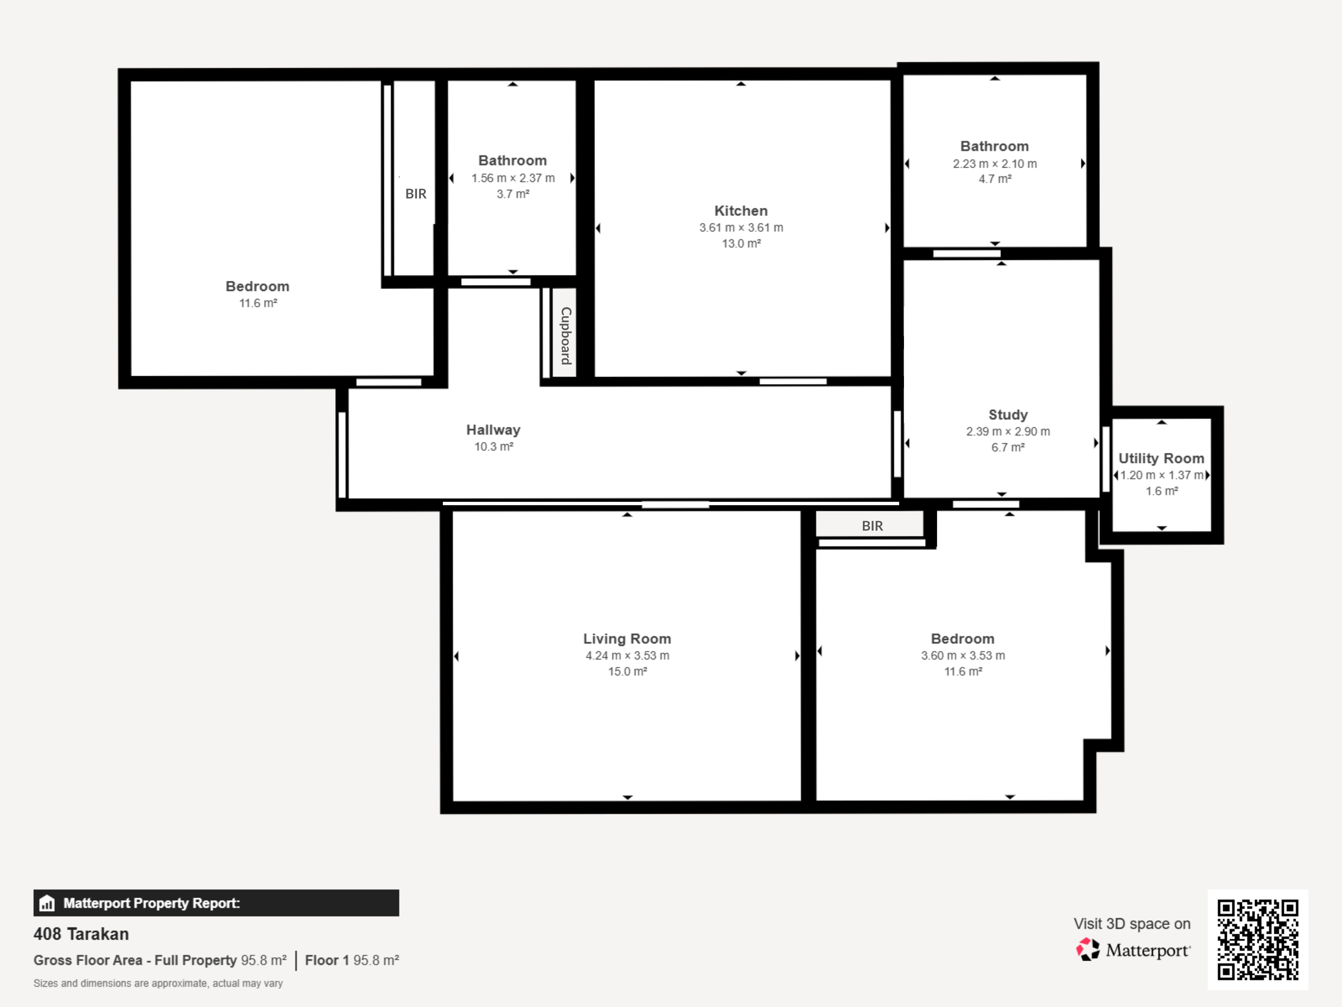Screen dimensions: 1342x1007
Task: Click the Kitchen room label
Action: pyautogui.click(x=741, y=211)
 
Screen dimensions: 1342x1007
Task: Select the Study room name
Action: pyautogui.click(x=1008, y=415)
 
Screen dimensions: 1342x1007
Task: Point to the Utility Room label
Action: pyautogui.click(x=1161, y=458)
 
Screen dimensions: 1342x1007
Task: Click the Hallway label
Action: pyautogui.click(x=493, y=430)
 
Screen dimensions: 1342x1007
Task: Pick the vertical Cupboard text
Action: pyautogui.click(x=566, y=336)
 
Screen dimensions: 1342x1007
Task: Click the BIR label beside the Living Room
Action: pyautogui.click(x=872, y=526)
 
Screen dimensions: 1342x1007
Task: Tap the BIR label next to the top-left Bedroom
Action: pyautogui.click(x=415, y=194)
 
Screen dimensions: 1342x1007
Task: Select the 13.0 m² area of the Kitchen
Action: pyautogui.click(x=741, y=243)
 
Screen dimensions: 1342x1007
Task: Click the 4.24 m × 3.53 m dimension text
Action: pyautogui.click(x=627, y=655)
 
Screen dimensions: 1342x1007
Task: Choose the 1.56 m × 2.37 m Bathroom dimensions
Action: pyautogui.click(x=513, y=178)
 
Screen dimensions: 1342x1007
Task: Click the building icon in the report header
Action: pyautogui.click(x=47, y=903)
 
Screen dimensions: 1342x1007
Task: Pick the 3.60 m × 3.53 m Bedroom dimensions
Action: pyautogui.click(x=963, y=655)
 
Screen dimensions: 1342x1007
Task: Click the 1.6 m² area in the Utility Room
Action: pyautogui.click(x=1161, y=491)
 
